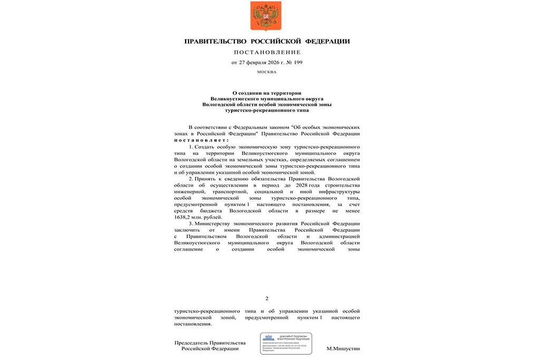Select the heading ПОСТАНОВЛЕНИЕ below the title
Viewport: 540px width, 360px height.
tap(267, 52)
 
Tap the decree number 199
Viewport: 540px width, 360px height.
tap(297, 62)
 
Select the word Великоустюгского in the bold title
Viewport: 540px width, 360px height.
tap(234, 99)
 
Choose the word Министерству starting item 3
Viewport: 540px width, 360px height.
tap(217, 223)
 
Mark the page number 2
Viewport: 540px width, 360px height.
tap(266, 298)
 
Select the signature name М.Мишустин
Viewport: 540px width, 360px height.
tap(343, 349)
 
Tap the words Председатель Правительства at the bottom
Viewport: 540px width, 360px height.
tap(210, 343)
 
